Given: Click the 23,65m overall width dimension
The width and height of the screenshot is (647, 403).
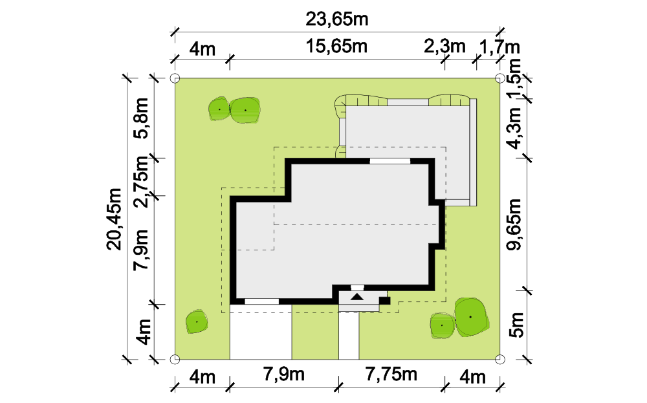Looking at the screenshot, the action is click(336, 19).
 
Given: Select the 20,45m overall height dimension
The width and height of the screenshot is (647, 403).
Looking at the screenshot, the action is click(115, 219).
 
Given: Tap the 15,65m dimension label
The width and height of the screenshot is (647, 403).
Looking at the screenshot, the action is click(336, 46).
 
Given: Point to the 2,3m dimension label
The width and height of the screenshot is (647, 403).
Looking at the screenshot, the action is click(444, 46).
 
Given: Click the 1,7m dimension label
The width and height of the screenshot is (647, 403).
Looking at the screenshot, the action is click(499, 47).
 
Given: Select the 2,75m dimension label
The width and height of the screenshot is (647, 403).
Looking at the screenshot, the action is click(142, 182).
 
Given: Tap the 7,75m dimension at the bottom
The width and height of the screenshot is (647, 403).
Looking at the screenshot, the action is click(391, 374).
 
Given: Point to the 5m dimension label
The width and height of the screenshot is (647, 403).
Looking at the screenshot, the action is click(516, 325).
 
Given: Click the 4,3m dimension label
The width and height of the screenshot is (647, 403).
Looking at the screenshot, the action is click(516, 128).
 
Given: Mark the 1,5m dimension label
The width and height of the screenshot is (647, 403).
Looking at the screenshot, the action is click(516, 79).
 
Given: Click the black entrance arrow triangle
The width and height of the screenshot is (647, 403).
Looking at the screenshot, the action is click(357, 296).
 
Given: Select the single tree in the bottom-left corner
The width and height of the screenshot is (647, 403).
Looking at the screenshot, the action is click(197, 321).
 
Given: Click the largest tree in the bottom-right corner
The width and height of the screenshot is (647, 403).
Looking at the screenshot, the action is click(472, 317).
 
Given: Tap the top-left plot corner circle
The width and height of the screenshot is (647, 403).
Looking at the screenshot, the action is click(175, 78).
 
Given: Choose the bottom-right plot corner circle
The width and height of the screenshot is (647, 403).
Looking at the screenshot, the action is click(499, 359).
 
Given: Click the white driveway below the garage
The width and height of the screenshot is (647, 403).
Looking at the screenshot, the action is click(261, 332).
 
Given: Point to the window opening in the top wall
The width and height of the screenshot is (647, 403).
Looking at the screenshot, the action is click(390, 161).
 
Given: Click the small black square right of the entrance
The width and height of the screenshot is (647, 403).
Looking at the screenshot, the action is click(385, 301).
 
